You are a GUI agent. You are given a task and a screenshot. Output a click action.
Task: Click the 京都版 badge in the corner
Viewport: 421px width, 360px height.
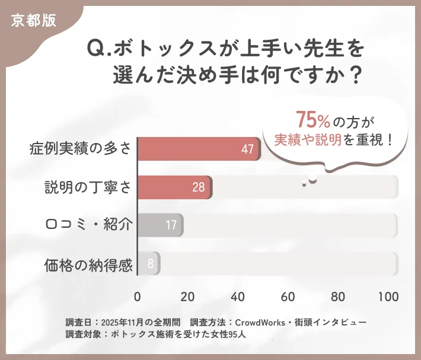tap(34, 20)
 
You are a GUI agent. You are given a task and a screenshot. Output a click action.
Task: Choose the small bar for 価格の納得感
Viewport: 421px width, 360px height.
tap(148, 263)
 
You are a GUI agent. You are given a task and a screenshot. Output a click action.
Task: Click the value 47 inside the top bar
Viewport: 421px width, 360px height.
tap(247, 149)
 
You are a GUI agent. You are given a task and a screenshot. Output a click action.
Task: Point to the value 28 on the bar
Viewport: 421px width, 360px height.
tap(198, 187)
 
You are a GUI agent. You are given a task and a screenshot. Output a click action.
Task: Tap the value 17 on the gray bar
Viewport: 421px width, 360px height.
tap(171, 225)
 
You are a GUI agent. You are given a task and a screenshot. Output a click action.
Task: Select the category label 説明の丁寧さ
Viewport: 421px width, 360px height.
tap(88, 187)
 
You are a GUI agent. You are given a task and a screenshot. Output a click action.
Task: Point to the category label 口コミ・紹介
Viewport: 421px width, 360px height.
tap(88, 225)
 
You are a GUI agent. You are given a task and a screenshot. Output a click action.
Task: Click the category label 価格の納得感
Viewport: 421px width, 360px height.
tap(88, 264)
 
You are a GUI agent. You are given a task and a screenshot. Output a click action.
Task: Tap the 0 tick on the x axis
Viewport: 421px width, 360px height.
tap(138, 296)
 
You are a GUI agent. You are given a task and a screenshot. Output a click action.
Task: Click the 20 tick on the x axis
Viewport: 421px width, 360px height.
tap(188, 296)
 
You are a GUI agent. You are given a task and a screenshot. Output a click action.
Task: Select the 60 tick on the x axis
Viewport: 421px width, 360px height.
tap(288, 296)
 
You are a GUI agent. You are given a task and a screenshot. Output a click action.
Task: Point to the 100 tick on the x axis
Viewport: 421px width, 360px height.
tap(389, 296)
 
